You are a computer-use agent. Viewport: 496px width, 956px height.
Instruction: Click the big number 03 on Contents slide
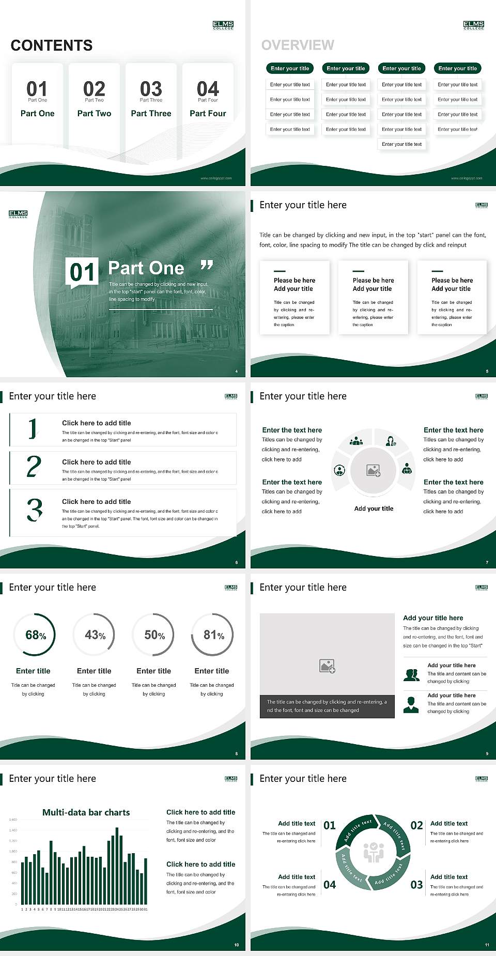click(151, 89)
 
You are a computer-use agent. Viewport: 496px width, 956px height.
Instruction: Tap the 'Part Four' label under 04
click(208, 113)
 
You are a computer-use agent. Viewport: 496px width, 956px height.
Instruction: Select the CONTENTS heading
click(52, 45)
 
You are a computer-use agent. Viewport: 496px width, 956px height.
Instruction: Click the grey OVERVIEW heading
click(298, 45)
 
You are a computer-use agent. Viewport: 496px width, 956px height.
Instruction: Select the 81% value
click(213, 635)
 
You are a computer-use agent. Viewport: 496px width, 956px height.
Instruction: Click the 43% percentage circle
click(95, 635)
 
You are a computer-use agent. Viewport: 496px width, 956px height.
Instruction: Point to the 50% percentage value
click(154, 635)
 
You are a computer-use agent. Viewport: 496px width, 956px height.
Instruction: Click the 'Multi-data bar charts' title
click(86, 812)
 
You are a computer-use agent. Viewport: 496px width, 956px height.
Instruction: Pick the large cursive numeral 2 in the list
click(34, 467)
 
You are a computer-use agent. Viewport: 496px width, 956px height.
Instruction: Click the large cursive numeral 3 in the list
click(35, 510)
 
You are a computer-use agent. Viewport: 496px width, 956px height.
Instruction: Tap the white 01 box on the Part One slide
click(82, 272)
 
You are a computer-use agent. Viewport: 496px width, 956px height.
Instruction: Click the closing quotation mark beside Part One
click(207, 265)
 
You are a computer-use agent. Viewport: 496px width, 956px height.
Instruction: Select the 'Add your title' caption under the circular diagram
click(374, 508)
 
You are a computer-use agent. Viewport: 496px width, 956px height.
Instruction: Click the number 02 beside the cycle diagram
click(416, 825)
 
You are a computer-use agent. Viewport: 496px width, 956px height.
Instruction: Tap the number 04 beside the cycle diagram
click(330, 885)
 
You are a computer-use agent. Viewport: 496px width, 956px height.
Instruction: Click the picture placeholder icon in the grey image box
click(328, 666)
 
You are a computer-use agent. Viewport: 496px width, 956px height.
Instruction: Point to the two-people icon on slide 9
click(411, 674)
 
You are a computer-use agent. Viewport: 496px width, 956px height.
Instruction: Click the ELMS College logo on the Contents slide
click(223, 25)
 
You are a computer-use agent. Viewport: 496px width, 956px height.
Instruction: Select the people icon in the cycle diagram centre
click(374, 853)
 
